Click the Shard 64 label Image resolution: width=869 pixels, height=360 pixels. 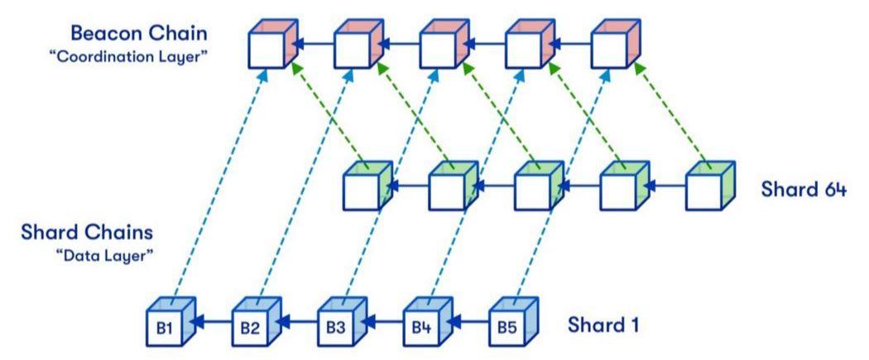[803, 189]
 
